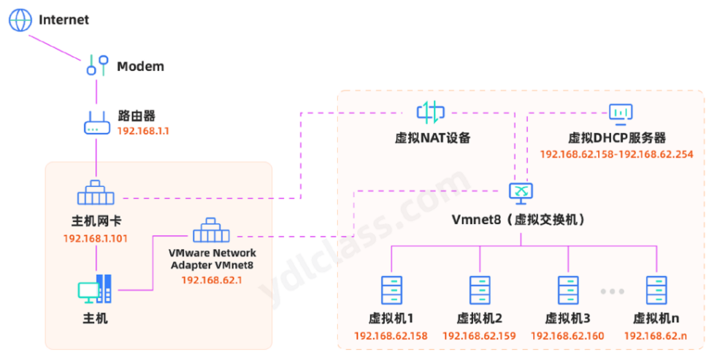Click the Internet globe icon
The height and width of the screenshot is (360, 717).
(20, 20)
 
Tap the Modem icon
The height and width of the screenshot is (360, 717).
(97, 65)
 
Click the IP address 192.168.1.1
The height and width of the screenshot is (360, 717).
(143, 131)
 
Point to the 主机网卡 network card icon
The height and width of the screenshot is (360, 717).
(96, 194)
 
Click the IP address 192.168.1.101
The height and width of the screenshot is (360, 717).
(96, 239)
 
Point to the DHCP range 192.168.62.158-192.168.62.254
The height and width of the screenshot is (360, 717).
(616, 155)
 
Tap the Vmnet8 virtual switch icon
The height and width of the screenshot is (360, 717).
(521, 192)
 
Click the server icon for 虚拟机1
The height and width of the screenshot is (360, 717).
(391, 290)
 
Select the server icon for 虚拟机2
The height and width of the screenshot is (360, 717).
(479, 290)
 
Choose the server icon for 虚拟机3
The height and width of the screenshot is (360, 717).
(567, 290)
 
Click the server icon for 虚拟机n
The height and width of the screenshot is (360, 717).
(656, 290)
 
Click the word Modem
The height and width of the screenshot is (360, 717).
(140, 66)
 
